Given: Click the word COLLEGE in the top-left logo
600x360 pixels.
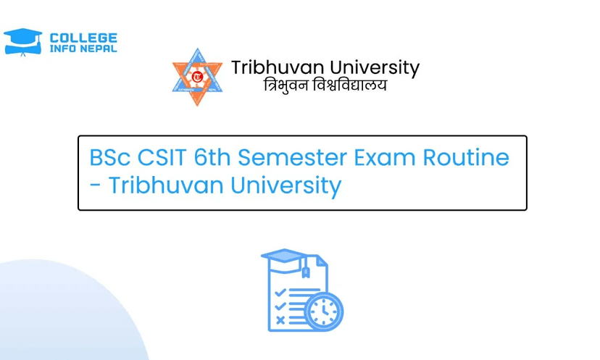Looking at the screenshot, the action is pos(83,38).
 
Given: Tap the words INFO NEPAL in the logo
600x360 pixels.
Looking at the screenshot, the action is pos(83,49).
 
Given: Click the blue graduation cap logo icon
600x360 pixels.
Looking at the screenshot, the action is pos(22,42).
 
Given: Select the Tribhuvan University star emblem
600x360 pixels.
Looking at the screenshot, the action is pos(197,77).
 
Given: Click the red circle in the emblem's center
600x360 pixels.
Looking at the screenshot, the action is pos(197,77).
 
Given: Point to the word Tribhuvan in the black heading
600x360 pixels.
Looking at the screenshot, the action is pos(278,67).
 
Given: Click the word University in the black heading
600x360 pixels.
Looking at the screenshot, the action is pos(375,69).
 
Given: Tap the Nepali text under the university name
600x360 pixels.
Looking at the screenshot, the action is pos(325,85).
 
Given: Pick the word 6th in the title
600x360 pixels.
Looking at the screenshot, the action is pos(212,157).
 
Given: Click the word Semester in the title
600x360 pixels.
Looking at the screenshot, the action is pos(292,157).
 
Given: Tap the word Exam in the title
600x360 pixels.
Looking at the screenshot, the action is pos(385,157).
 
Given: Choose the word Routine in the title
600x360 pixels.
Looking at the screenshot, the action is pos(466,157).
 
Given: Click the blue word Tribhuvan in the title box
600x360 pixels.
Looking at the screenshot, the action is pos(166,185).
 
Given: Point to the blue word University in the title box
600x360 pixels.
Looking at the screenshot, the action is pos(286,186).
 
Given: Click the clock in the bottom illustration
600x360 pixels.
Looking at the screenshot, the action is pos(324,311).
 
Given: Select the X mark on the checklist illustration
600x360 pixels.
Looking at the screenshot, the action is pos(280,320).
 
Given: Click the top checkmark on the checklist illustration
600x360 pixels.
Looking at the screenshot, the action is pos(280,293).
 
